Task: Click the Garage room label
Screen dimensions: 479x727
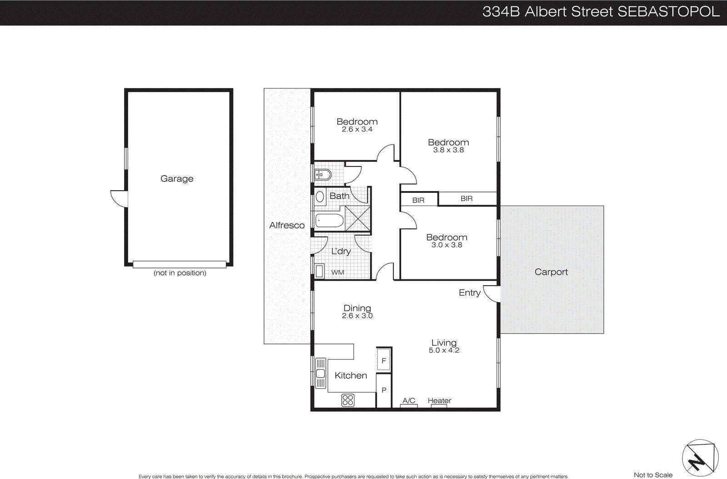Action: pos(177,179)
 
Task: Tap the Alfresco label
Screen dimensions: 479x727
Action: pos(287,225)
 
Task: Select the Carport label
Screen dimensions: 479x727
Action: pos(551,272)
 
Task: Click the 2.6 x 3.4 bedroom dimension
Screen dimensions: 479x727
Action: pos(357,130)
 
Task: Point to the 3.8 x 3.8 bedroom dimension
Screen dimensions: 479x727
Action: pos(448,150)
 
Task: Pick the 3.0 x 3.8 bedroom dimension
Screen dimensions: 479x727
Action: pos(447,245)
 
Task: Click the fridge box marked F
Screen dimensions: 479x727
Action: pos(384,360)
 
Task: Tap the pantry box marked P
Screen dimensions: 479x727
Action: pos(384,390)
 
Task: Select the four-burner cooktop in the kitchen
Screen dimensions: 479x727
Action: pos(348,400)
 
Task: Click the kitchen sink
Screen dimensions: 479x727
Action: pos(320,373)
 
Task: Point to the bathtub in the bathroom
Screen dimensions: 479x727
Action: pos(329,221)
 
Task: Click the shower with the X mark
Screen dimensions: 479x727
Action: pos(358,218)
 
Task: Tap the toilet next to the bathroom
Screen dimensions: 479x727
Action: pos(323,174)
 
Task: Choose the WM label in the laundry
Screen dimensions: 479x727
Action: pos(338,272)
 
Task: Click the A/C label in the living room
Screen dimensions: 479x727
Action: pos(409,400)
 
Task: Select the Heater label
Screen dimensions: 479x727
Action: pos(439,400)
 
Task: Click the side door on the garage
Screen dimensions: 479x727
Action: pos(119,199)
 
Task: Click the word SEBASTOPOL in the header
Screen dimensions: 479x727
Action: pos(668,12)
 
